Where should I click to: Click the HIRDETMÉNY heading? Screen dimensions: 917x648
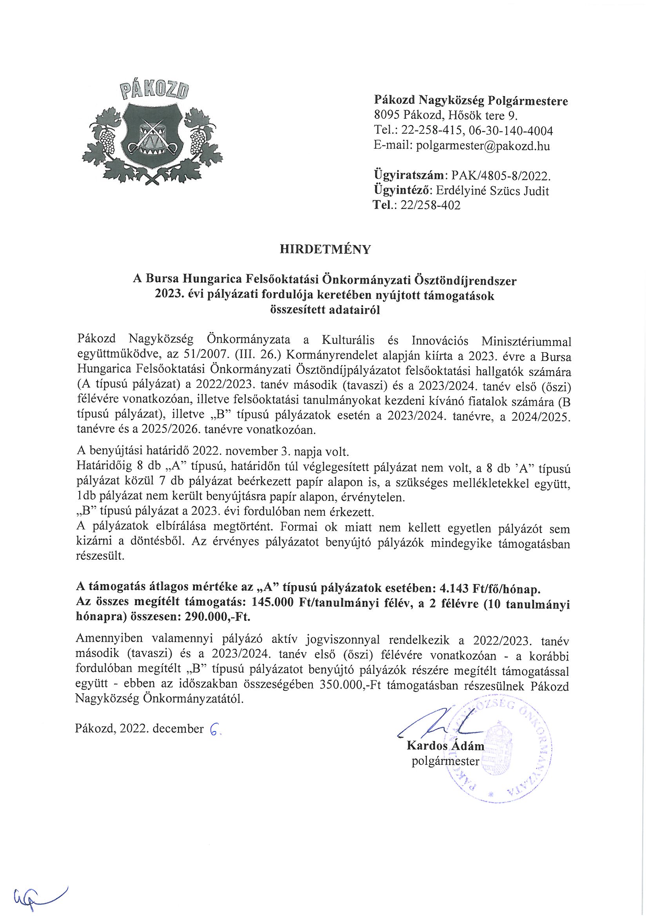(x=325, y=249)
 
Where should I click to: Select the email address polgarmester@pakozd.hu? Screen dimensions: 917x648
(x=483, y=146)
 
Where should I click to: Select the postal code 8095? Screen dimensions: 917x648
(x=387, y=115)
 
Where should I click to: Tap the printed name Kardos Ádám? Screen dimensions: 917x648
(x=445, y=746)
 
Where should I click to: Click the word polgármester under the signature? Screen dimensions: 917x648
(x=445, y=761)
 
